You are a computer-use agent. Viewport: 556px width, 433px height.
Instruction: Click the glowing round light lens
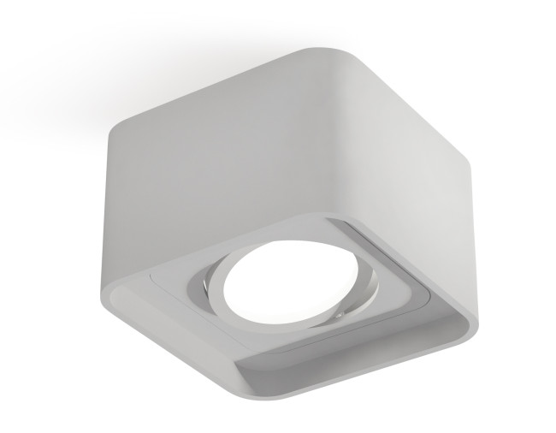(x=275, y=288)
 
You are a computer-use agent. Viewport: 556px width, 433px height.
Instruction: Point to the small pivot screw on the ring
(x=340, y=316)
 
